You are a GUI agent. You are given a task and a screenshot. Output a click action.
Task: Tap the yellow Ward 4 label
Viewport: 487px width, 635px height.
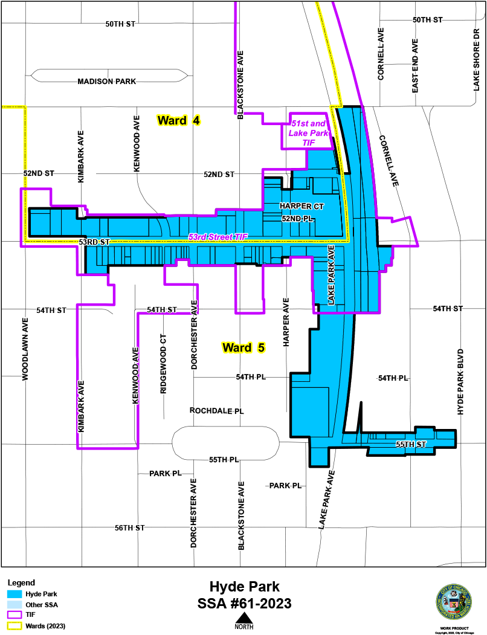(178, 120)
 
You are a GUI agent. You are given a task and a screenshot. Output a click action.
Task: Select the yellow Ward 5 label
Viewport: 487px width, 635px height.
(243, 347)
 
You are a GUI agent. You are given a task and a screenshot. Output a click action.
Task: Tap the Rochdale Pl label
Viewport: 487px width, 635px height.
(216, 410)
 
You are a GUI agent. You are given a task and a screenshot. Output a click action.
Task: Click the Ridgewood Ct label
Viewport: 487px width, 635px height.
(163, 364)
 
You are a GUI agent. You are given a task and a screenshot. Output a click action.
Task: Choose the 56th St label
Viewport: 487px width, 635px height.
(130, 527)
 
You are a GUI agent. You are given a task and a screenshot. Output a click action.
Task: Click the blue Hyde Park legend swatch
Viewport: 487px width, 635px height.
(14, 594)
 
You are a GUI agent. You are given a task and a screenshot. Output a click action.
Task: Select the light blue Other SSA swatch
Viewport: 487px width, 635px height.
(14, 604)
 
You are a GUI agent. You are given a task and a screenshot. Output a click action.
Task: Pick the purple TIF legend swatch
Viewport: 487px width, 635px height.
(14, 614)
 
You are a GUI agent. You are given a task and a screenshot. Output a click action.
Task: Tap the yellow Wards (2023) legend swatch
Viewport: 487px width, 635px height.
(14, 625)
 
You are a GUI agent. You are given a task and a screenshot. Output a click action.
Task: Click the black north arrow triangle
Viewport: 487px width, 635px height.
(244, 617)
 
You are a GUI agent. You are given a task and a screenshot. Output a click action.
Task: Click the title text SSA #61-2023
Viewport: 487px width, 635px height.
(244, 603)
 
